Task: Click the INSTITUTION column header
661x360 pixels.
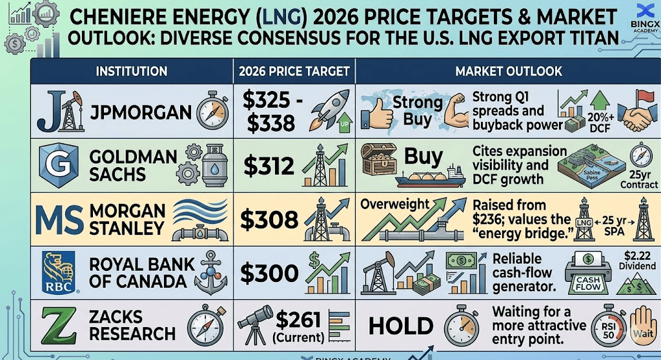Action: click(131, 71)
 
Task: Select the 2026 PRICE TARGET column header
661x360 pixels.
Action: click(294, 71)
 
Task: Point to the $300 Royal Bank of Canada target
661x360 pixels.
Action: click(270, 274)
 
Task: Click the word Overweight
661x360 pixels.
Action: click(395, 204)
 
